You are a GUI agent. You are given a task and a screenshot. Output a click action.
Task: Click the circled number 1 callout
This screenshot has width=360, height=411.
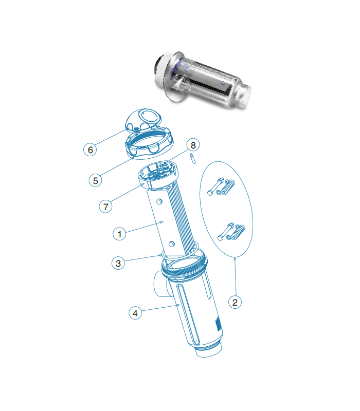[x=119, y=234]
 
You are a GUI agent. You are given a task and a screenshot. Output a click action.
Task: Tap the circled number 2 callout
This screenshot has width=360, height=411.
[x=235, y=302]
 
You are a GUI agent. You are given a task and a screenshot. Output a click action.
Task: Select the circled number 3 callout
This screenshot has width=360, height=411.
[x=118, y=263]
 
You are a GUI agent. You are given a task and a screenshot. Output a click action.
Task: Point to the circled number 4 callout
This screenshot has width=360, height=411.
[x=135, y=313]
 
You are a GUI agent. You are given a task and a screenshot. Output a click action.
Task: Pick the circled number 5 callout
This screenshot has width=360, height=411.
[x=96, y=180]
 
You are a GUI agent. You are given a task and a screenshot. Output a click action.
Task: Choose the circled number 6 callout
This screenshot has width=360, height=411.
[x=91, y=150]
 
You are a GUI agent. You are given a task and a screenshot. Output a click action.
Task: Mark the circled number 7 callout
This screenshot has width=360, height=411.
[x=105, y=207]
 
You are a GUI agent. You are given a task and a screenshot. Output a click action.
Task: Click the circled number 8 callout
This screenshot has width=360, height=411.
[x=193, y=145]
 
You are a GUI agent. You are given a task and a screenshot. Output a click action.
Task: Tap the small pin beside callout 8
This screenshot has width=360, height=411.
[x=193, y=159]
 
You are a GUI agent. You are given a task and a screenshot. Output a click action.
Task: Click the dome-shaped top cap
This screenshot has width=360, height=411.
[x=143, y=120]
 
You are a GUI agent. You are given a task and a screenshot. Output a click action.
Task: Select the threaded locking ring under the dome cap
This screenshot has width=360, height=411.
[x=149, y=143]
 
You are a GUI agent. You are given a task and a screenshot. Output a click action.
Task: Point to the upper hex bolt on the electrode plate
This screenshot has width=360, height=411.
[x=159, y=201]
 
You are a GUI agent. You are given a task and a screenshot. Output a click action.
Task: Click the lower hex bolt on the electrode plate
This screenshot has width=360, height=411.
[x=171, y=244]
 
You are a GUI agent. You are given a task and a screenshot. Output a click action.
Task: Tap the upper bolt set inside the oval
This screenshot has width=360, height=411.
[x=221, y=187]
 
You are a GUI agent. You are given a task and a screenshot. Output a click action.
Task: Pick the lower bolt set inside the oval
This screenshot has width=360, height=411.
[x=231, y=232]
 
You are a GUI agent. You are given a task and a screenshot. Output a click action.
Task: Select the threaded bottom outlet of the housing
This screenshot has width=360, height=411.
[x=209, y=349]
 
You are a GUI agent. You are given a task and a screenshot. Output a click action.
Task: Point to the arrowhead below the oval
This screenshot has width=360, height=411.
[x=235, y=259]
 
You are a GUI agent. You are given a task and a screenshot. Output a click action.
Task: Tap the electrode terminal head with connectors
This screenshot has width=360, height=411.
[x=157, y=175]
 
